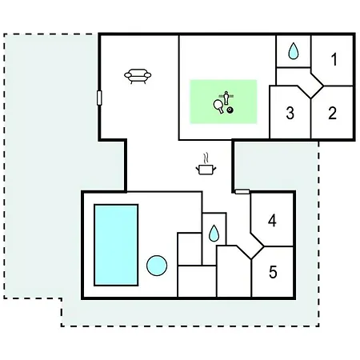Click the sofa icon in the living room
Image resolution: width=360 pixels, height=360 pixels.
(138, 76)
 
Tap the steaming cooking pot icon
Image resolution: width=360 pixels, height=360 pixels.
(206, 169)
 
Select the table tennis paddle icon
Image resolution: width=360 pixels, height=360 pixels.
(218, 106)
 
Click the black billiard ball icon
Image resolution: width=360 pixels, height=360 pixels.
(230, 110)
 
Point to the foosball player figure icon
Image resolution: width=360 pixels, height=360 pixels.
(226, 98)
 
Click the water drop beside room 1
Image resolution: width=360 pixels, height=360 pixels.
(294, 51)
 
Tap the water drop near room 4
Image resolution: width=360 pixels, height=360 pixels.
(214, 234)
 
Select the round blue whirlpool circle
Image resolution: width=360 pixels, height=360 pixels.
(157, 266)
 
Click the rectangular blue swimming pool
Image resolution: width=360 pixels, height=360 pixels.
(116, 245)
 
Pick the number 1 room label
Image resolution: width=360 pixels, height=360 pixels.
(334, 59)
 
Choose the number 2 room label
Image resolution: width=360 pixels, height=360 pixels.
(332, 113)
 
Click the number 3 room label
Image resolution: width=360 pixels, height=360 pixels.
(290, 113)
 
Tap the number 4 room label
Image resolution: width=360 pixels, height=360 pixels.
(272, 221)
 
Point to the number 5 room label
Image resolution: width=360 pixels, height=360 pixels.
(273, 272)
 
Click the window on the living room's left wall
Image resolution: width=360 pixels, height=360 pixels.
(99, 98)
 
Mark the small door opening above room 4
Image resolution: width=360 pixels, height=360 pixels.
(242, 191)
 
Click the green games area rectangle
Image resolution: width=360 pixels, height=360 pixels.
(223, 102)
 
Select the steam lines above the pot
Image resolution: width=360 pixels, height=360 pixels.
(206, 158)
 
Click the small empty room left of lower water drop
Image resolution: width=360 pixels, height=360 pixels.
(190, 249)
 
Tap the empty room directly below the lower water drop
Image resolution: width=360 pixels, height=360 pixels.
(197, 281)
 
